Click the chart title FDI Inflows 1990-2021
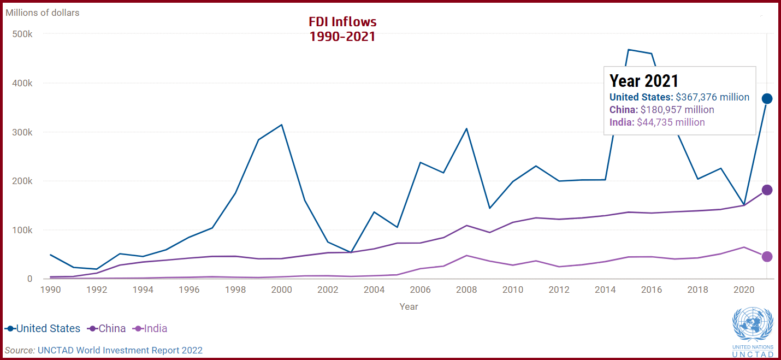342,29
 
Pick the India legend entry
151,329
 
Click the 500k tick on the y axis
22,34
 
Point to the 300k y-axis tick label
22,132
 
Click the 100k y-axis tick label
22,230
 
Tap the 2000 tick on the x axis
281,290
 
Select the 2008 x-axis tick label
467,290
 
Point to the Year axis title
409,306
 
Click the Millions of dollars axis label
43,13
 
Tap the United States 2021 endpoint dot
767,98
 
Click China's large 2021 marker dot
767,190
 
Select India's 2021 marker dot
767,257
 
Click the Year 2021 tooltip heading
644,81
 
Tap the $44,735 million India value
671,122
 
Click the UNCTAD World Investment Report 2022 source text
120,350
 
